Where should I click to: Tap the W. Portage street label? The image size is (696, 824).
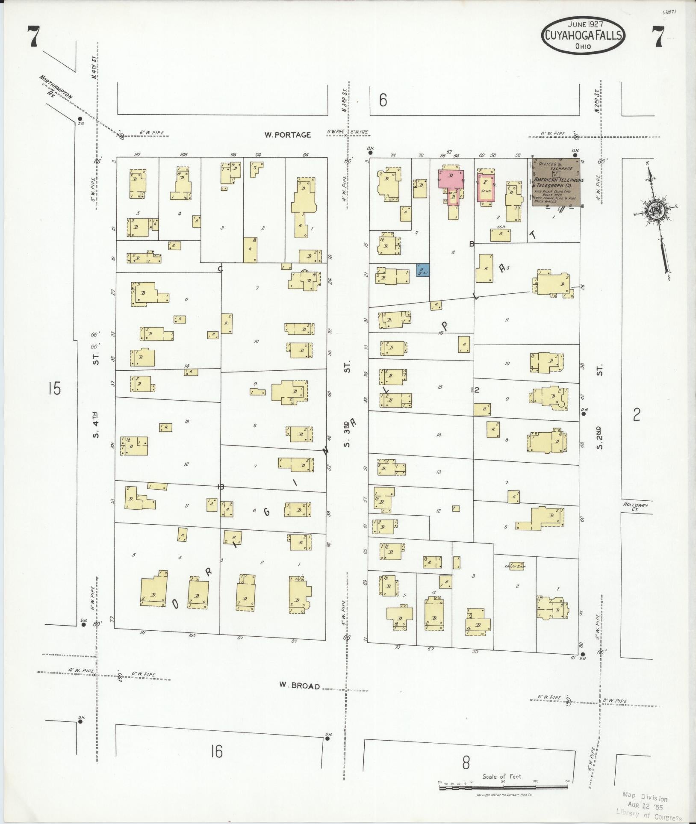coord(287,135)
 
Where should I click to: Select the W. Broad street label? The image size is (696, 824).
coord(299,685)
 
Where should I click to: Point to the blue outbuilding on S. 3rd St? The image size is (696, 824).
coord(423,270)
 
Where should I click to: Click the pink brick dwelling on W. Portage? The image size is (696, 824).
coord(450,178)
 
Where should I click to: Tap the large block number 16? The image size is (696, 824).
coord(217,751)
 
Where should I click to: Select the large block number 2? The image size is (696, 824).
coord(637,414)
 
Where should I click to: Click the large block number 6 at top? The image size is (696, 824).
coord(383,100)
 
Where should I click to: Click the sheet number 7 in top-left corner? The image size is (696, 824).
coord(33,37)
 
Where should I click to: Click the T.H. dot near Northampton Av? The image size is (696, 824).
coord(80,118)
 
